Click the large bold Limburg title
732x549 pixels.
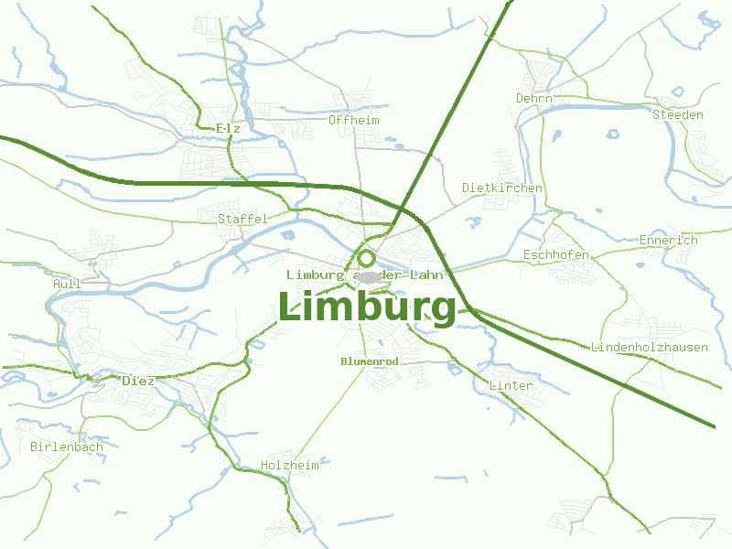pos(367,307)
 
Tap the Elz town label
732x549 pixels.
pos(229,129)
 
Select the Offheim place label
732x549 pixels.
pos(353,120)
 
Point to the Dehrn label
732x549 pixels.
pos(534,98)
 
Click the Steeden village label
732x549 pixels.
pos(677,114)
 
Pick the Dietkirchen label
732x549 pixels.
pos(501,188)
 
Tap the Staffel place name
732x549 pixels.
pos(242,219)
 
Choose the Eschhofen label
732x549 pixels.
pos(555,254)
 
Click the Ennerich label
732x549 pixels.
pos(668,240)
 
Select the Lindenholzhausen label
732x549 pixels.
pos(650,347)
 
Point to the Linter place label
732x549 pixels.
pos(511,385)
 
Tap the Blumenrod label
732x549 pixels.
pos(369,361)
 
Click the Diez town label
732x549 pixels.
pos(138,380)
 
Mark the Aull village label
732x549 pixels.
pos(67,284)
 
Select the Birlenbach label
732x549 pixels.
pos(66,447)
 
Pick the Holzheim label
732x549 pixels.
pos(289,465)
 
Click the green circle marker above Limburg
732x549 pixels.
pos(367,258)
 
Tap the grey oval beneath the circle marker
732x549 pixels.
pos(368,276)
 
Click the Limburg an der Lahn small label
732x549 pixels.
pos(365,274)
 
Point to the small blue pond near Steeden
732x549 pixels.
pos(677,91)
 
